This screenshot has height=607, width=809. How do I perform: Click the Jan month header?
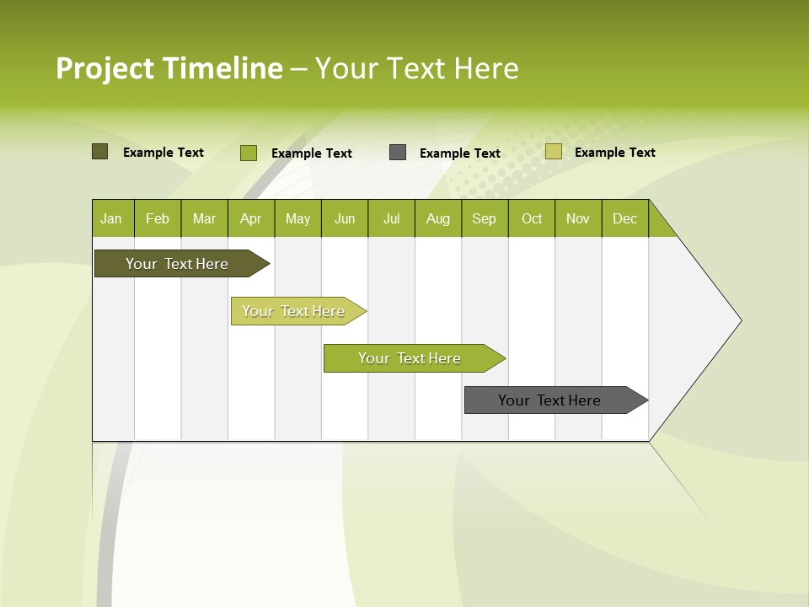tap(112, 218)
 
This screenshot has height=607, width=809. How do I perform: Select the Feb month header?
tap(158, 218)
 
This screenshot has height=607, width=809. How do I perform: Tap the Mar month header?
tap(204, 218)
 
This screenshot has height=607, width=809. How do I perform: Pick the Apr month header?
tap(250, 218)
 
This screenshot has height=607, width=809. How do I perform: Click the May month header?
tap(297, 218)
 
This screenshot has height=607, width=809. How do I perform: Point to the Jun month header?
tap(345, 218)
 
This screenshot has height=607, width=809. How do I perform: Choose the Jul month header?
tap(391, 218)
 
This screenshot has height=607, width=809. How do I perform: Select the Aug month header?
tap(438, 218)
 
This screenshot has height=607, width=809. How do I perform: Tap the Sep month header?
tap(485, 218)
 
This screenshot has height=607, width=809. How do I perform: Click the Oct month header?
tap(532, 218)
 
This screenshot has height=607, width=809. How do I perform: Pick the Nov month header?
tap(578, 218)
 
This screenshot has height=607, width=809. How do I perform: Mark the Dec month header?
tap(625, 218)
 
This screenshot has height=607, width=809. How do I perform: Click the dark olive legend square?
tap(99, 152)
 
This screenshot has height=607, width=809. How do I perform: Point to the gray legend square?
tap(398, 153)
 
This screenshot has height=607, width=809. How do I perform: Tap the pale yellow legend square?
tap(553, 152)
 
